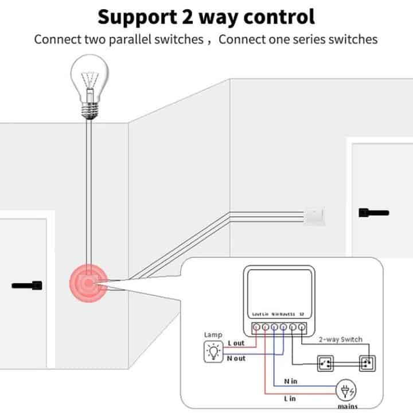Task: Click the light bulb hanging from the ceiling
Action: coord(89,89)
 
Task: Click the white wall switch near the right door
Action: coord(315,215)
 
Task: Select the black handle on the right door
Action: coord(372,212)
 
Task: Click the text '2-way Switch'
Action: coord(341,339)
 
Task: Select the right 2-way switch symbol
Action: coord(365,363)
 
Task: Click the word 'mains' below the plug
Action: coord(347,407)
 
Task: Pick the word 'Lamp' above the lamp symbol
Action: coord(213,334)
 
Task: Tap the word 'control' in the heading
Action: coord(280,16)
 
